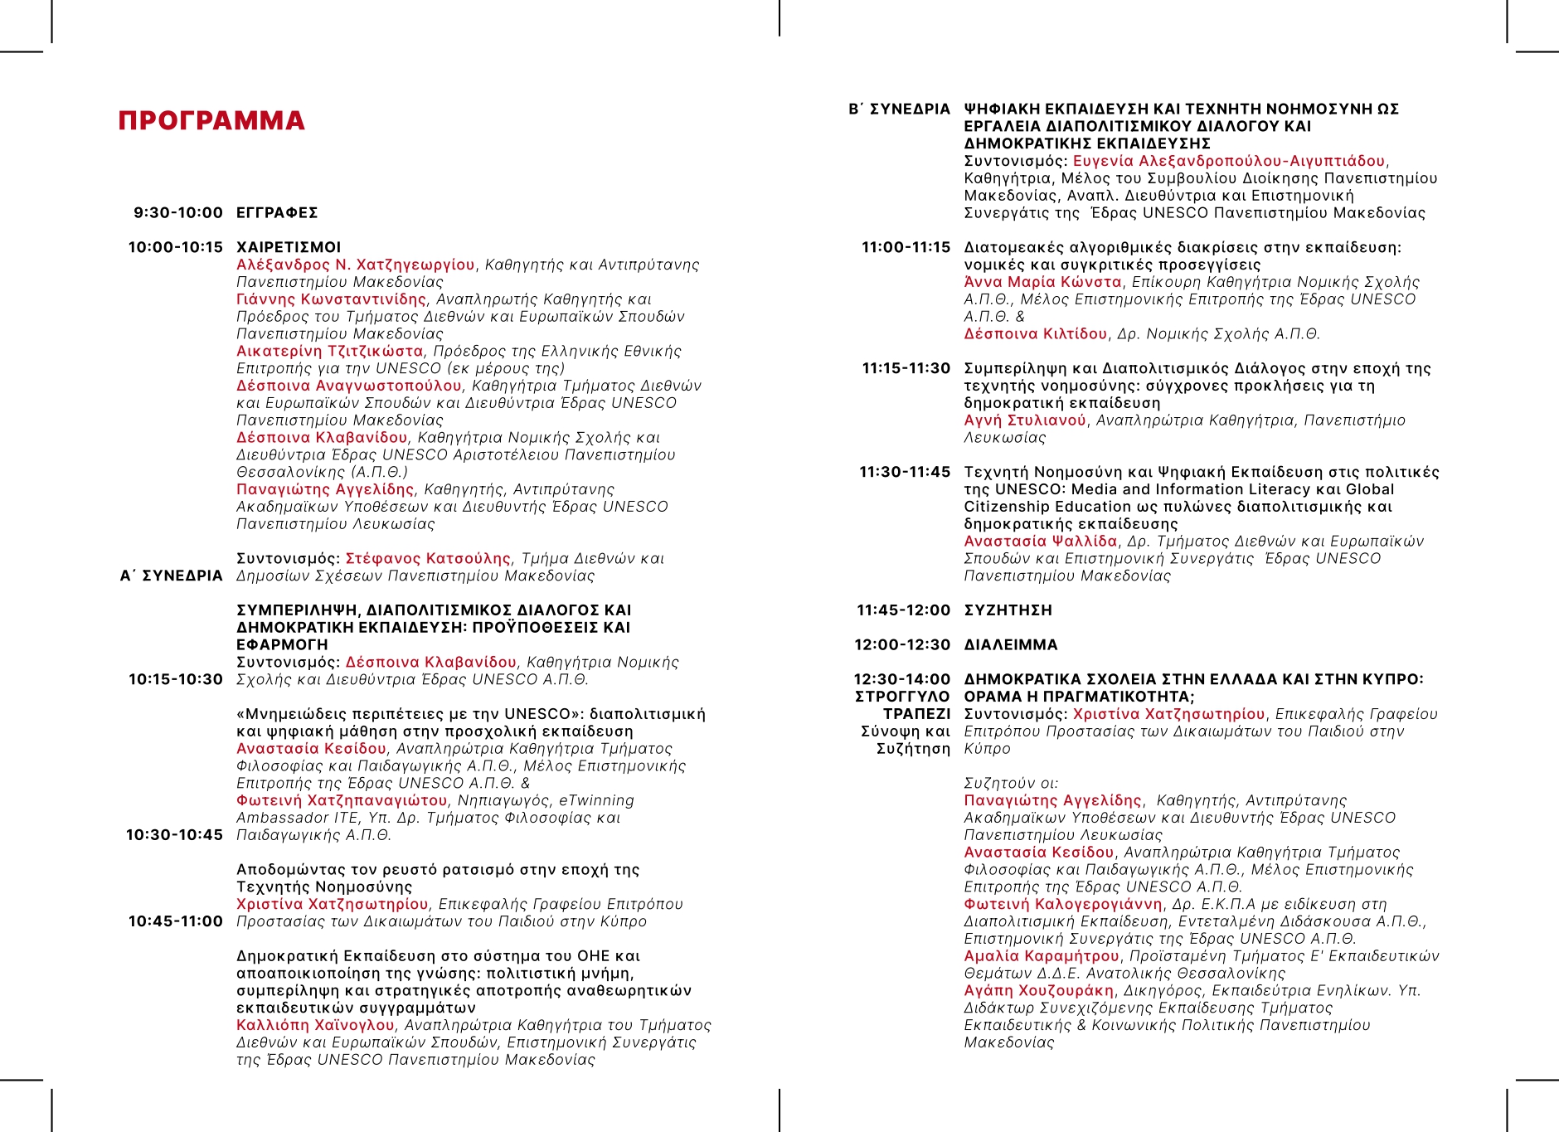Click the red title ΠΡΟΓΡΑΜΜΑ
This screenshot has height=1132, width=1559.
(211, 121)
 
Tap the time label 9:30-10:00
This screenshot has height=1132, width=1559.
(178, 213)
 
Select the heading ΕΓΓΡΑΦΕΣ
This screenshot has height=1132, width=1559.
(277, 213)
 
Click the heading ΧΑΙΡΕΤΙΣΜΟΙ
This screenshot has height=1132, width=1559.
(289, 247)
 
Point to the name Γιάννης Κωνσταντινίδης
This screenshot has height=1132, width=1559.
(331, 299)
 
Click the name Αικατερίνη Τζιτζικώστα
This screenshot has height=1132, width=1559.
(329, 351)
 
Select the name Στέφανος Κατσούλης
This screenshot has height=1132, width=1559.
(428, 558)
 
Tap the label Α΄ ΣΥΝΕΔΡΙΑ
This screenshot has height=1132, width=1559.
(172, 576)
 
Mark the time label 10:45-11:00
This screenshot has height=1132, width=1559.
(176, 921)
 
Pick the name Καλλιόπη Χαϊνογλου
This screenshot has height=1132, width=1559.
(315, 1025)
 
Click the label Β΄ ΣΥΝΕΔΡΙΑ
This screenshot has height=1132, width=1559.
(899, 109)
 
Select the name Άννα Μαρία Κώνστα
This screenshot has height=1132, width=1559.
(1042, 282)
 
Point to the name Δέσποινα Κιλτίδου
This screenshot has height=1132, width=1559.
(1035, 334)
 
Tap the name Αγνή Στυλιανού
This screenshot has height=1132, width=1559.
(1025, 420)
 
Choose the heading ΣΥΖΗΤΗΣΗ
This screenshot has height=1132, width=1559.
(1008, 610)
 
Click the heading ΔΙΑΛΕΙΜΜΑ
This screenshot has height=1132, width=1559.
(1011, 645)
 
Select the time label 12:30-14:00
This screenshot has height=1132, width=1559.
(902, 679)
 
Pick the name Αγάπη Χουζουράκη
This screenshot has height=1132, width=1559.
(1038, 990)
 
